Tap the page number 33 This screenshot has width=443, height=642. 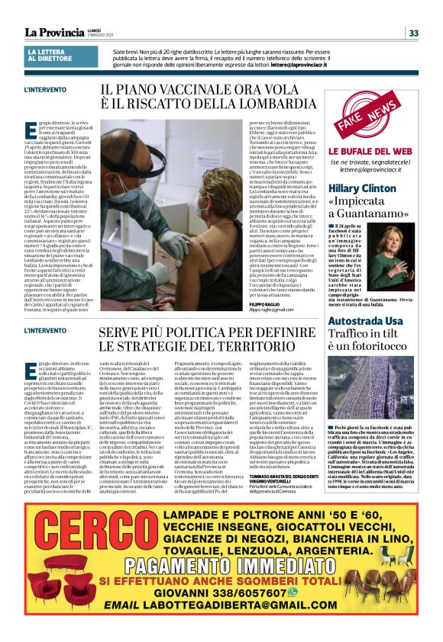[413, 33]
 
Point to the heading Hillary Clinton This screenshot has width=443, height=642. [362, 188]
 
